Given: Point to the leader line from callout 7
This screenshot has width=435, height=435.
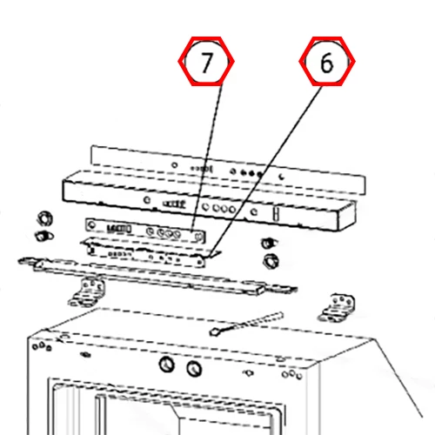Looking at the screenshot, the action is click(x=207, y=158).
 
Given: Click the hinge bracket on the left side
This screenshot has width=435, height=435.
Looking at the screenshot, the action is click(x=86, y=292).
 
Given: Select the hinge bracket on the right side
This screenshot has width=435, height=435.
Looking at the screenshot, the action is click(x=337, y=308).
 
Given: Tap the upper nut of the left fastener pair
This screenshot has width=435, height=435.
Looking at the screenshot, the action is click(x=45, y=218).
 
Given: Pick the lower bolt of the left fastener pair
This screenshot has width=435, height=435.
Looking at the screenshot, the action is click(x=43, y=236).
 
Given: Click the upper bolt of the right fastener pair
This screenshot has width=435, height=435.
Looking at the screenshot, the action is click(x=269, y=243).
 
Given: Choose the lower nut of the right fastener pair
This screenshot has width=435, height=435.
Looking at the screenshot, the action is click(x=271, y=261).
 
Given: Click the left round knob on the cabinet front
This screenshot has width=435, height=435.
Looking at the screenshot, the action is click(x=167, y=365).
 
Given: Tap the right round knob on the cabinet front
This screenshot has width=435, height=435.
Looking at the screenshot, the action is click(x=194, y=369).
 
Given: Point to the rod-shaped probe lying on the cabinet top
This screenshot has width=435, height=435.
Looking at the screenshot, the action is click(x=246, y=324).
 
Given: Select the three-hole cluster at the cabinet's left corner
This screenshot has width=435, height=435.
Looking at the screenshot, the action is click(x=42, y=346).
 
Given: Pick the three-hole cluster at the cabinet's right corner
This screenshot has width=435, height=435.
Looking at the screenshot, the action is click(x=292, y=374).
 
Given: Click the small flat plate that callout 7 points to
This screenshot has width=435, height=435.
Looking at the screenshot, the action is click(x=145, y=231).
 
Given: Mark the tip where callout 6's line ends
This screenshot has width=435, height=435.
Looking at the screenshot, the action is click(x=210, y=257).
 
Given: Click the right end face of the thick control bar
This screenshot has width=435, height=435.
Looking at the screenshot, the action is click(x=347, y=216).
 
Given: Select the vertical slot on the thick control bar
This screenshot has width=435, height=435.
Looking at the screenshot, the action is click(x=277, y=214).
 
